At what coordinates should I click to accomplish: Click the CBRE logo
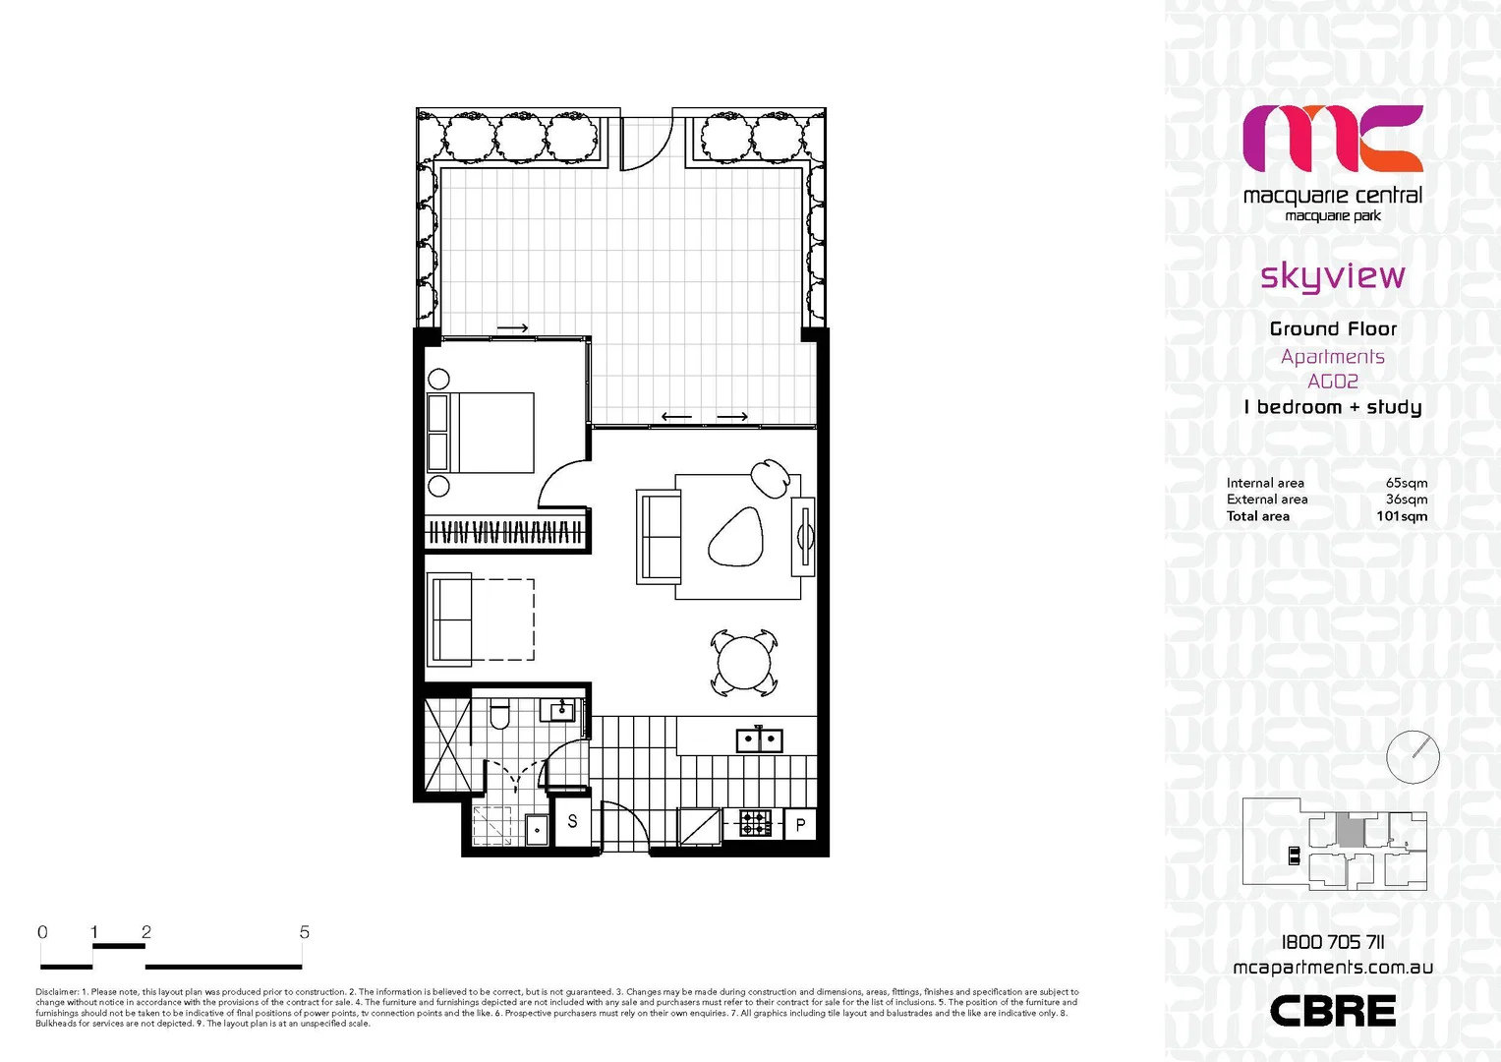1332,1011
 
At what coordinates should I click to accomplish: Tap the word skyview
1332,276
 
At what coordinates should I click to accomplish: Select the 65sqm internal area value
1406,483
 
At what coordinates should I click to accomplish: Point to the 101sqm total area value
1401,516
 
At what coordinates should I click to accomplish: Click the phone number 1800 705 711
1332,942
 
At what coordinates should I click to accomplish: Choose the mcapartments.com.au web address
1332,968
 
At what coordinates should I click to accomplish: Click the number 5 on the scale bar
305,932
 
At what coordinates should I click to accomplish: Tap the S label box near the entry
573,820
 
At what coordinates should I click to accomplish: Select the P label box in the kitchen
800,825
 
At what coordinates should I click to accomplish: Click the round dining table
744,664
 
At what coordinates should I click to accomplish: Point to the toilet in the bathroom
499,715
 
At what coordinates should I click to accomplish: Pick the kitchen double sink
759,739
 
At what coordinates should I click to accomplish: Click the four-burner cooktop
755,823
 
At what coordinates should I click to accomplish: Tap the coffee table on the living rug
736,538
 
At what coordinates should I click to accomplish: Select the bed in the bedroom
482,433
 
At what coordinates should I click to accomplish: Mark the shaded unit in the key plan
1351,832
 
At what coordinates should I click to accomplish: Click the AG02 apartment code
1332,382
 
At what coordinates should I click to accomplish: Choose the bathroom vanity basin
562,709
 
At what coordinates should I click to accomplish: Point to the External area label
1266,500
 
